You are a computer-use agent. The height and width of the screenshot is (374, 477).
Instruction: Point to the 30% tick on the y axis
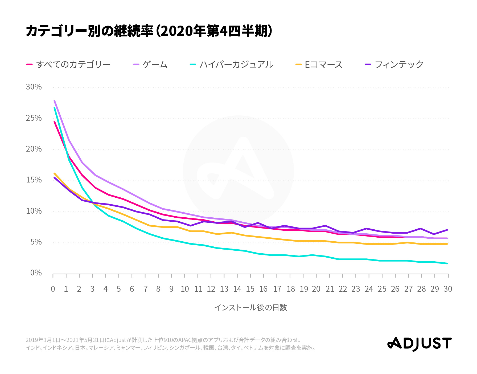click(34, 87)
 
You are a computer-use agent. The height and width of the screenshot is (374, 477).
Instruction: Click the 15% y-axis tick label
click(34, 180)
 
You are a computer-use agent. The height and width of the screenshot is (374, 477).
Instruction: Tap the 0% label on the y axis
click(36, 273)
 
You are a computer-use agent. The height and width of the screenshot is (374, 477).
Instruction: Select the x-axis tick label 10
click(185, 289)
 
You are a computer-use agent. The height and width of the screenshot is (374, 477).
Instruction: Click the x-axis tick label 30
click(448, 289)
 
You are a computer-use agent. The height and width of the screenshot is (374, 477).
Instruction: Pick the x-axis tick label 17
click(277, 289)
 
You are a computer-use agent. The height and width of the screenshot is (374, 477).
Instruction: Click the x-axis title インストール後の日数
click(250, 308)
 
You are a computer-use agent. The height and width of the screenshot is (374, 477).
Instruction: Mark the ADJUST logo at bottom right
click(420, 344)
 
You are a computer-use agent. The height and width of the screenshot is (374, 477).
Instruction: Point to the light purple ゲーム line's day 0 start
click(54, 101)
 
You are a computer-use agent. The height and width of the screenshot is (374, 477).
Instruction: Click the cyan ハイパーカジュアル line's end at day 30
click(447, 263)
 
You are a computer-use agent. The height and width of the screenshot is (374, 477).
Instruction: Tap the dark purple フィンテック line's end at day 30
click(447, 230)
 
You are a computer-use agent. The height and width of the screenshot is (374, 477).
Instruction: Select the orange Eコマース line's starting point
click(54, 173)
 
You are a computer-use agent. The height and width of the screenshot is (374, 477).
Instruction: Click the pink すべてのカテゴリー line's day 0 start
click(54, 122)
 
